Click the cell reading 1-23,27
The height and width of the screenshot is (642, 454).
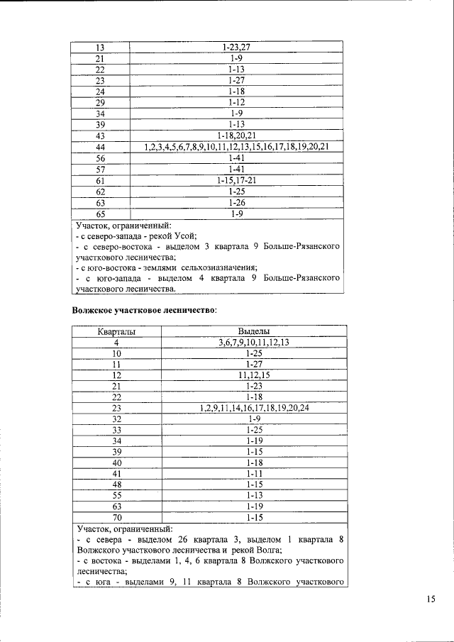click(x=237, y=47)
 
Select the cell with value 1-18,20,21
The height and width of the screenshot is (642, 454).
click(x=237, y=135)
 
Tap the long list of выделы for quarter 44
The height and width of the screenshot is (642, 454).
click(x=237, y=147)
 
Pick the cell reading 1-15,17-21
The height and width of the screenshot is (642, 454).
click(x=237, y=180)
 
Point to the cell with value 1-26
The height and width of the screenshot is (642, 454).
click(x=237, y=202)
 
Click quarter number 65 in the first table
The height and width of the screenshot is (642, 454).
click(x=100, y=213)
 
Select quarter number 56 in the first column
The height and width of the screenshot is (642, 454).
click(x=100, y=157)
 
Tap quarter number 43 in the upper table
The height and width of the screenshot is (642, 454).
click(x=100, y=135)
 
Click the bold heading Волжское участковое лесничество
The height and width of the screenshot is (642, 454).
click(x=144, y=310)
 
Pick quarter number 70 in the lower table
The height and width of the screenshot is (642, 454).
click(x=116, y=518)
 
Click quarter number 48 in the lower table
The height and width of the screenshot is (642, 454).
click(x=116, y=485)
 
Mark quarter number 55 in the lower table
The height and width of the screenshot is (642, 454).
click(x=116, y=496)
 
